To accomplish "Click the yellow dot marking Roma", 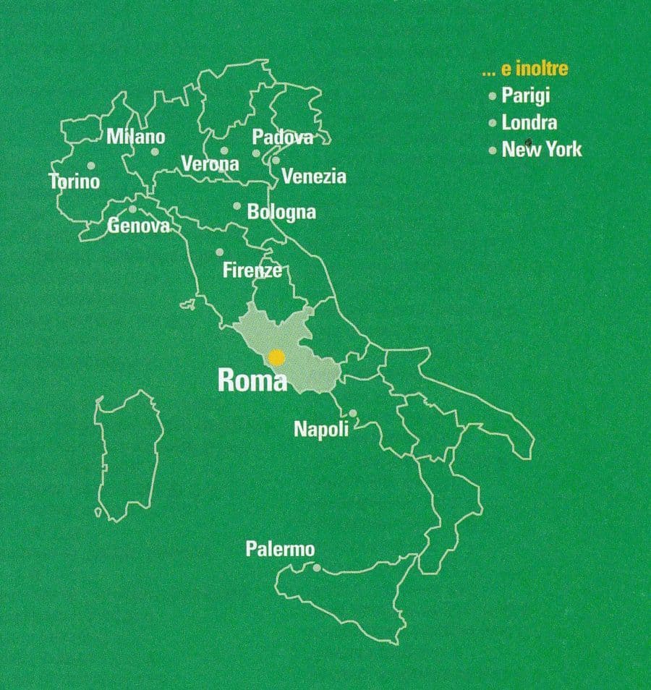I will (276, 357).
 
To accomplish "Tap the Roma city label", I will (252, 381).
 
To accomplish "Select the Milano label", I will (136, 137).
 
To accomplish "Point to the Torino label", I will (74, 181).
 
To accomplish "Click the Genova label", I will (139, 226).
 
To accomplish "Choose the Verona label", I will (210, 164).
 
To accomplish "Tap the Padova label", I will (283, 137).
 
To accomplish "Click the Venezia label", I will (314, 176).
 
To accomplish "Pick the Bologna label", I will (281, 212).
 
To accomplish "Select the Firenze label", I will (252, 271).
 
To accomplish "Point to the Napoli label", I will (321, 429).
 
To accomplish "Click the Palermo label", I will (280, 550).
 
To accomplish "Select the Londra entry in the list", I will (529, 123).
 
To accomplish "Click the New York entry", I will (542, 150).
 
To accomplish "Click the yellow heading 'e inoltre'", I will (525, 70).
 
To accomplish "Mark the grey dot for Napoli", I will (353, 414).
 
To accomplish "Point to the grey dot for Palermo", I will (315, 568).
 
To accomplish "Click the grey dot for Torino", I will (91, 166).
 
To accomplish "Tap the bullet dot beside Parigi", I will (493, 96).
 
